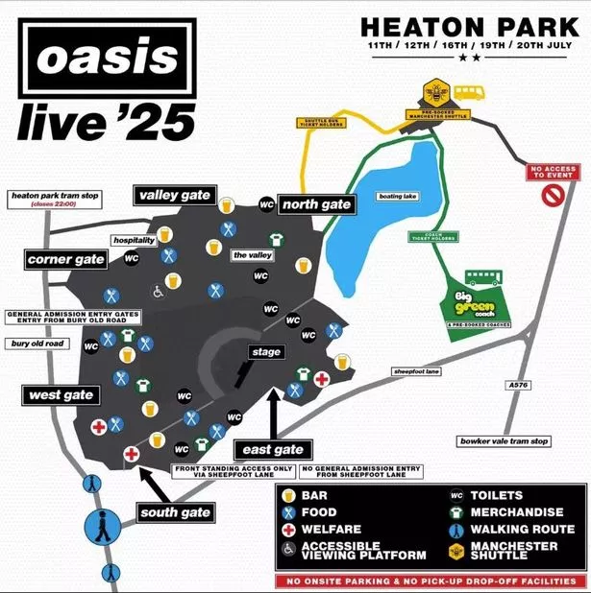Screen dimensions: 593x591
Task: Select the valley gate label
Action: pyautogui.click(x=174, y=196)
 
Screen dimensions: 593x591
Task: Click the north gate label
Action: pyautogui.click(x=315, y=203)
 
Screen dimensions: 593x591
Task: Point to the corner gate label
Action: pyautogui.click(x=66, y=260)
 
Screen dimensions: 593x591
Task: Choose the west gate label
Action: pyautogui.click(x=59, y=395)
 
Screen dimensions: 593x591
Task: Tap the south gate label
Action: pyautogui.click(x=174, y=512)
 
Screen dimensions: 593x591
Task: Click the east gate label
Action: pyautogui.click(x=272, y=449)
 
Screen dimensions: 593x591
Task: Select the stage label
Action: pyautogui.click(x=265, y=352)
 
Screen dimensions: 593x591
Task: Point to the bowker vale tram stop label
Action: pyautogui.click(x=504, y=441)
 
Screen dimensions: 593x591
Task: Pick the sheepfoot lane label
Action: pyautogui.click(x=416, y=371)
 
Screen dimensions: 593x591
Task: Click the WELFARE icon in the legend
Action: pyautogui.click(x=288, y=529)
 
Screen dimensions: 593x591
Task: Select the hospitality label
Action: pyautogui.click(x=134, y=240)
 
